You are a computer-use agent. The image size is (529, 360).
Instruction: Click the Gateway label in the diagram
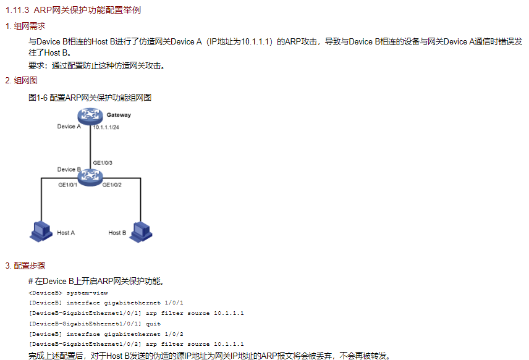pyautogui.click(x=118, y=115)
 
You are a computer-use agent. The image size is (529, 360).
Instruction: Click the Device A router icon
pyautogui.click(x=90, y=116)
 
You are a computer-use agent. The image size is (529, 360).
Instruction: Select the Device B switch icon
pyautogui.click(x=90, y=177)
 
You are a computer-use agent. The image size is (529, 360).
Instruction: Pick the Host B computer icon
pyautogui.click(x=140, y=230)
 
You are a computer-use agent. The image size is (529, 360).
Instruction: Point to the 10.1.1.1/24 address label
pyautogui.click(x=106, y=127)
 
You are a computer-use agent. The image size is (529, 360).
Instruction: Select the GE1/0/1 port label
pyautogui.click(x=67, y=185)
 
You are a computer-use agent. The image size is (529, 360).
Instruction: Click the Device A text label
pyautogui.click(x=69, y=127)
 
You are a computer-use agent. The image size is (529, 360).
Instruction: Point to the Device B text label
pyautogui.click(x=69, y=169)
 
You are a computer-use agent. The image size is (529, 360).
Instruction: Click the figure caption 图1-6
pyautogui.click(x=38, y=98)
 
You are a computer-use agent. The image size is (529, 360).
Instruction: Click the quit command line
pyautogui.click(x=95, y=323)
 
